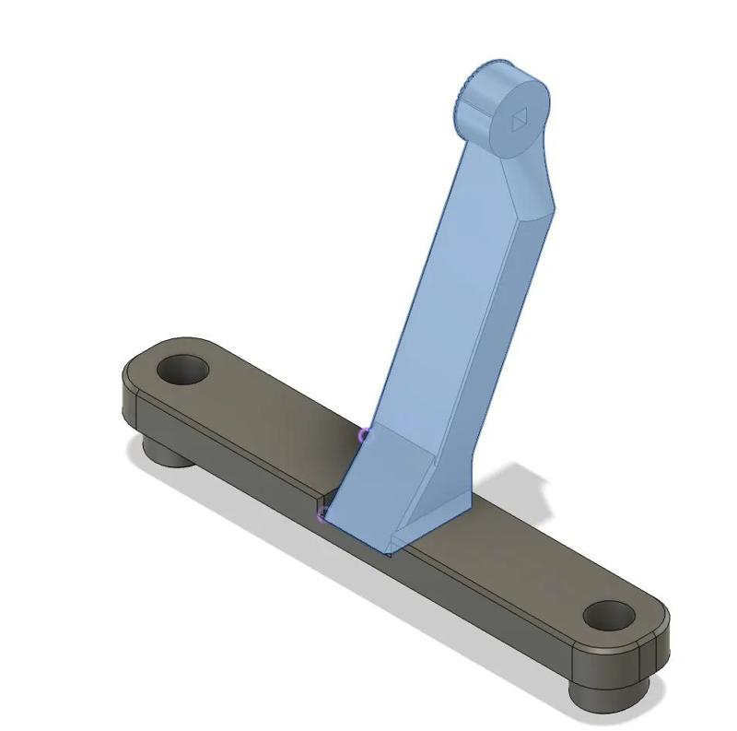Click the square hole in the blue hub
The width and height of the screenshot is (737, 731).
tap(519, 120)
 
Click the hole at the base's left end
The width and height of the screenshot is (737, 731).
tap(182, 371)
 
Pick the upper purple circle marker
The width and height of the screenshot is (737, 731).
tap(365, 434)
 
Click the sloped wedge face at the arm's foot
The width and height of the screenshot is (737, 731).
tap(378, 489)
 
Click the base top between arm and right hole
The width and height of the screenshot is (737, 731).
tap(516, 572)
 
